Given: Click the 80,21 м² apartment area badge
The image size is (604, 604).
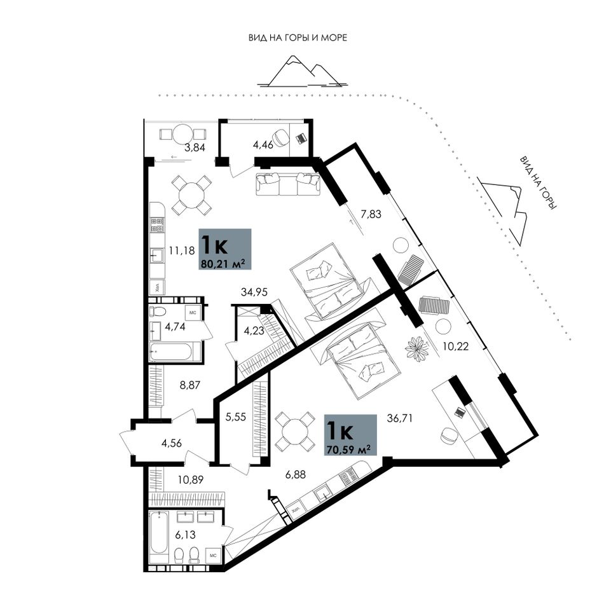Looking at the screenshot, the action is click(225, 249).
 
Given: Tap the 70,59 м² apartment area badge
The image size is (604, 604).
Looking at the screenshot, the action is click(350, 436).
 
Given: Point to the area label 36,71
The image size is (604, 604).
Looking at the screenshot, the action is click(400, 418).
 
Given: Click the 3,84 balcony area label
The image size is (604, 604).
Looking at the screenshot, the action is click(195, 147).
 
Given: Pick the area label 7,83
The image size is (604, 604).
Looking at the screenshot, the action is click(371, 214).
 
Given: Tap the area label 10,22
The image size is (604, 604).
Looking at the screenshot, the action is click(456, 347).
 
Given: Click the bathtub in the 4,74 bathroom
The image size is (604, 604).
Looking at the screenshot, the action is click(175, 352).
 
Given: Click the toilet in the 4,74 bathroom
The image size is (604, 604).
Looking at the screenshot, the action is click(158, 310).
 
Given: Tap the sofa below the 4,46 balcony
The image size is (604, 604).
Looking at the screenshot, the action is click(288, 184).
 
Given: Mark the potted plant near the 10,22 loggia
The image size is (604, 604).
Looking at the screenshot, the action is click(417, 349).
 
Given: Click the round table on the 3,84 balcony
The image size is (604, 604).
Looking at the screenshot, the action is click(182, 134).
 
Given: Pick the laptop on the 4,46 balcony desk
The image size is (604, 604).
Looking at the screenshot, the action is click(301, 137).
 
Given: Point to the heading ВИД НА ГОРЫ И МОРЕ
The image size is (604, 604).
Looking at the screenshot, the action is click(298, 38).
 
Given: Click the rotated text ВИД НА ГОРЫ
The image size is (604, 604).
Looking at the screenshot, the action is click(539, 182).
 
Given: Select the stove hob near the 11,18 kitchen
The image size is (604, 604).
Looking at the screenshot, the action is click(157, 225).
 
